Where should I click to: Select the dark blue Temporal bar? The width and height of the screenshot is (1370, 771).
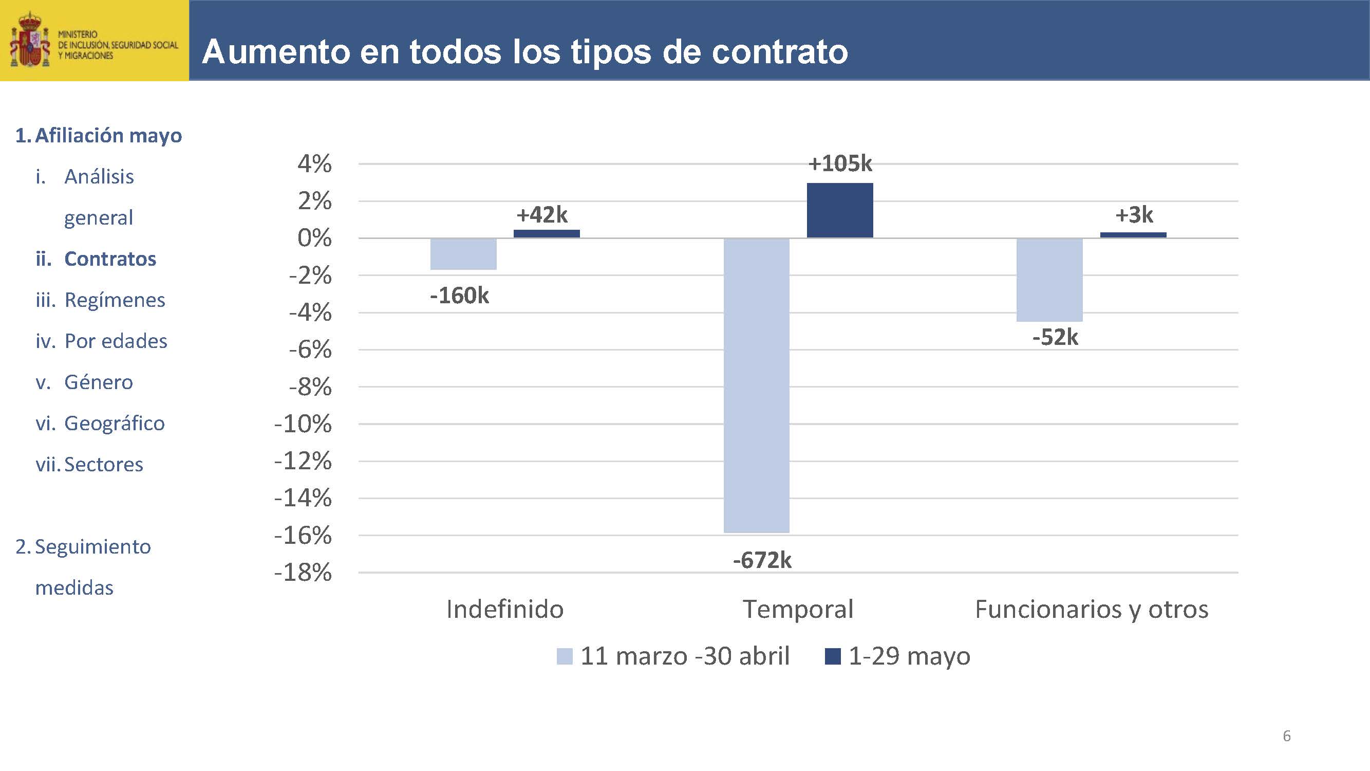point(840,210)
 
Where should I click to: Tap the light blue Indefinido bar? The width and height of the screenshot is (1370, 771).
point(463,254)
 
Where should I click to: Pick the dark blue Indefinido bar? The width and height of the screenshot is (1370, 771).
point(546,233)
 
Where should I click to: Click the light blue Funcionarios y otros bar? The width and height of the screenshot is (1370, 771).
point(1049,280)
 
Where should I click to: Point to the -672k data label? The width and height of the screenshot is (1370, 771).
point(762,560)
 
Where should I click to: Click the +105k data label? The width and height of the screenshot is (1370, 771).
point(840,164)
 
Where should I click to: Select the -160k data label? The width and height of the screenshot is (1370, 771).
point(460,296)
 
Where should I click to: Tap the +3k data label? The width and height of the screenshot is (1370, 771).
point(1134,215)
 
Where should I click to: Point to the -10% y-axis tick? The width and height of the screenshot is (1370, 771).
point(303,424)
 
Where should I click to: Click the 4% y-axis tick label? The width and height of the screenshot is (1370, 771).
point(314,164)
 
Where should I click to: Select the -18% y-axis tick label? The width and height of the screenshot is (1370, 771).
point(303,573)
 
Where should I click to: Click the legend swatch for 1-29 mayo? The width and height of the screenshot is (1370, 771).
point(832,656)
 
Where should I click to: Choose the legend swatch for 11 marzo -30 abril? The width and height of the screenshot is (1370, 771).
point(564,656)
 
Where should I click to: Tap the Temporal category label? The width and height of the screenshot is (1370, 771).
point(798,609)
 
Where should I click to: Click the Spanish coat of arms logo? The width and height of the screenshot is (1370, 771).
point(30,41)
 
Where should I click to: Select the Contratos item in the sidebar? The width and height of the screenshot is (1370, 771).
point(110,259)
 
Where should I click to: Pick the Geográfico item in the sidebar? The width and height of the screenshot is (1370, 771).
point(115,424)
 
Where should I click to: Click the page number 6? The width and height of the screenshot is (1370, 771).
point(1286,736)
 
